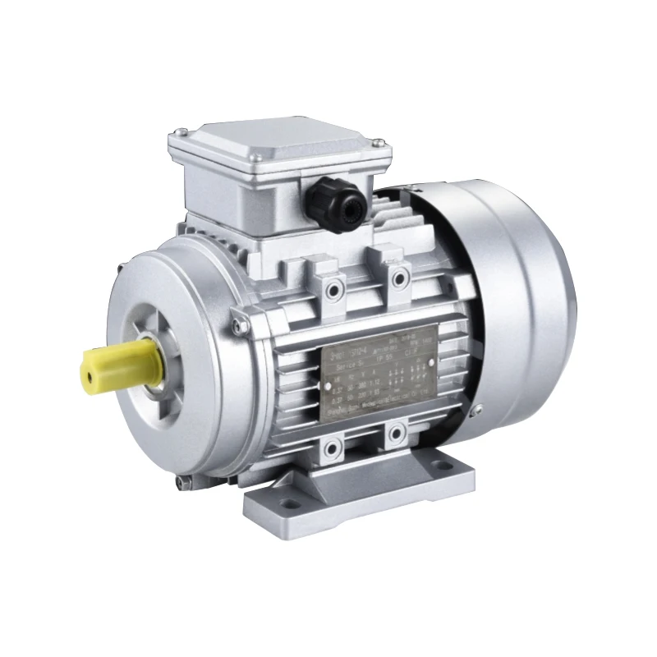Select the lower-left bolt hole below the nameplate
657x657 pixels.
coord(333,448)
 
